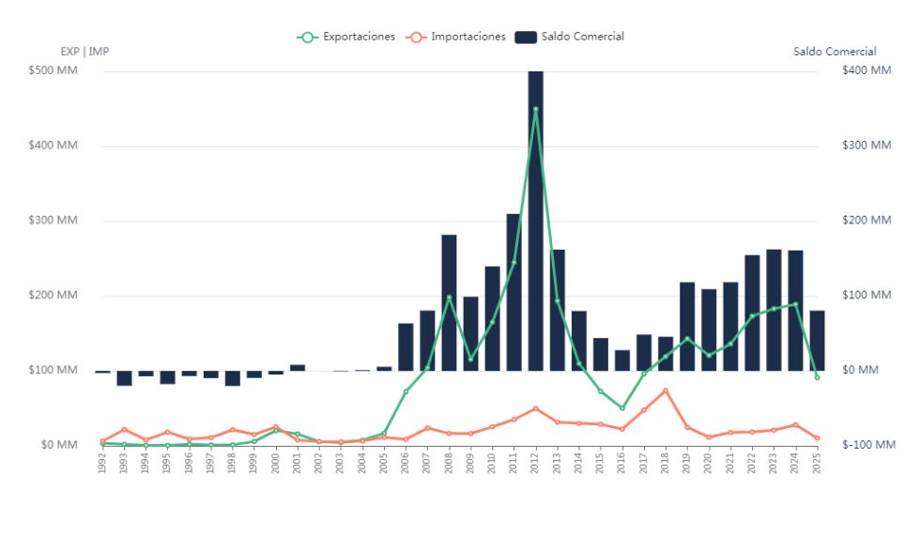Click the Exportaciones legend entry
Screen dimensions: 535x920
tap(347, 37)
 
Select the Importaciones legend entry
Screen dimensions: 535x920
tap(457, 37)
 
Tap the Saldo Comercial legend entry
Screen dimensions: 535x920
tap(571, 37)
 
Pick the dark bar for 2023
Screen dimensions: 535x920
tap(774, 310)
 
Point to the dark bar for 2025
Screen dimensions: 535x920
tap(817, 340)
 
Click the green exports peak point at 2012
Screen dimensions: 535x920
tap(535, 109)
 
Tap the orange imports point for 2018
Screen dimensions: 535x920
tap(666, 390)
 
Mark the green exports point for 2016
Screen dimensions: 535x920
tap(622, 408)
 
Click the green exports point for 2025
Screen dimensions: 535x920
tap(817, 377)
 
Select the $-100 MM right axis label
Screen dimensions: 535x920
tap(868, 445)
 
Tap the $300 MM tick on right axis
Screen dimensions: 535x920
tap(866, 145)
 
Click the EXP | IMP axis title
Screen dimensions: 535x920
tap(84, 52)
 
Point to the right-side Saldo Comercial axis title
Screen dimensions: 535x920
tap(835, 52)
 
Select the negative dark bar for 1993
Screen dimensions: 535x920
tap(124, 378)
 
